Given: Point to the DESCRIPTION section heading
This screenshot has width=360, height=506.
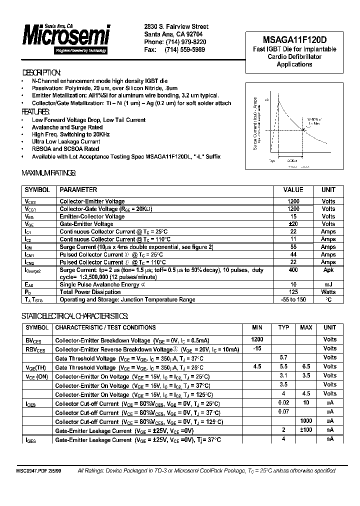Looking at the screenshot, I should coord(42,72).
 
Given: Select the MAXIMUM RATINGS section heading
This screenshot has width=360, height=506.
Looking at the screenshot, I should coord(48,173).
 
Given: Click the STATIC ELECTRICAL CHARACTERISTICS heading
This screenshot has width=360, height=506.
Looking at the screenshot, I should coord(75,316).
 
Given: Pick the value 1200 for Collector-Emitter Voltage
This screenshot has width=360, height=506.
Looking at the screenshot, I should coord(293,201).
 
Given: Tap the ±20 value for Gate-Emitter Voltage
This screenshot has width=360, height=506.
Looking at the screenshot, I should coord(293,224).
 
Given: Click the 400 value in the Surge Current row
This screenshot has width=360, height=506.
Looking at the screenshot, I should coord(293,270).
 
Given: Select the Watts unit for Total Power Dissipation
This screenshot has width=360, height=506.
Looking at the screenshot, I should coord(328,292).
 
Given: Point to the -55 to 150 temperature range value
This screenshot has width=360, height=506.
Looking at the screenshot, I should coord(293,299).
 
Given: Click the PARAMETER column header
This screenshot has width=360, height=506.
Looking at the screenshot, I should coord(78,190).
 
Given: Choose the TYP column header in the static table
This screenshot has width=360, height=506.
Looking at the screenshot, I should coord(283,327).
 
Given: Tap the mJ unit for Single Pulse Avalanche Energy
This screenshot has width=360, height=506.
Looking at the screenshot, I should coord(328,284).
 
